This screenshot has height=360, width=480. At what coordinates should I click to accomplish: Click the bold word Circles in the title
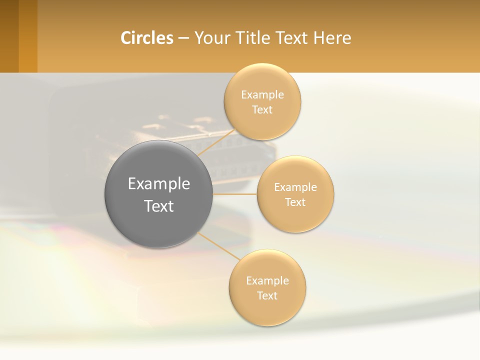point(147,38)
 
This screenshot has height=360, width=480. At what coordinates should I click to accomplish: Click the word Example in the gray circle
point(159,184)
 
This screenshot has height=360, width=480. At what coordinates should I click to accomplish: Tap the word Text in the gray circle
point(159,206)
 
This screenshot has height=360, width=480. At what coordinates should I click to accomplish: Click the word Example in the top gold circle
point(262,95)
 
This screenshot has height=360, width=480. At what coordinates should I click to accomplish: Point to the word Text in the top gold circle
point(262,110)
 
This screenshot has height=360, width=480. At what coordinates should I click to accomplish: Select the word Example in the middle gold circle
point(295,187)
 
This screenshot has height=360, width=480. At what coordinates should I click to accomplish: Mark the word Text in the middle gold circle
point(295,202)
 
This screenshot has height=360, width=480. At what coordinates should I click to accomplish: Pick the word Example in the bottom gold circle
point(267,281)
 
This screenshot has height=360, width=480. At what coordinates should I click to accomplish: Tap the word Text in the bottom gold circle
point(267,296)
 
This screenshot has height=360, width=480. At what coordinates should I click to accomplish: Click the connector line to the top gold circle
point(216,142)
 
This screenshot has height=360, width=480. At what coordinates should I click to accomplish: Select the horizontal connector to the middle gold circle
point(235,194)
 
